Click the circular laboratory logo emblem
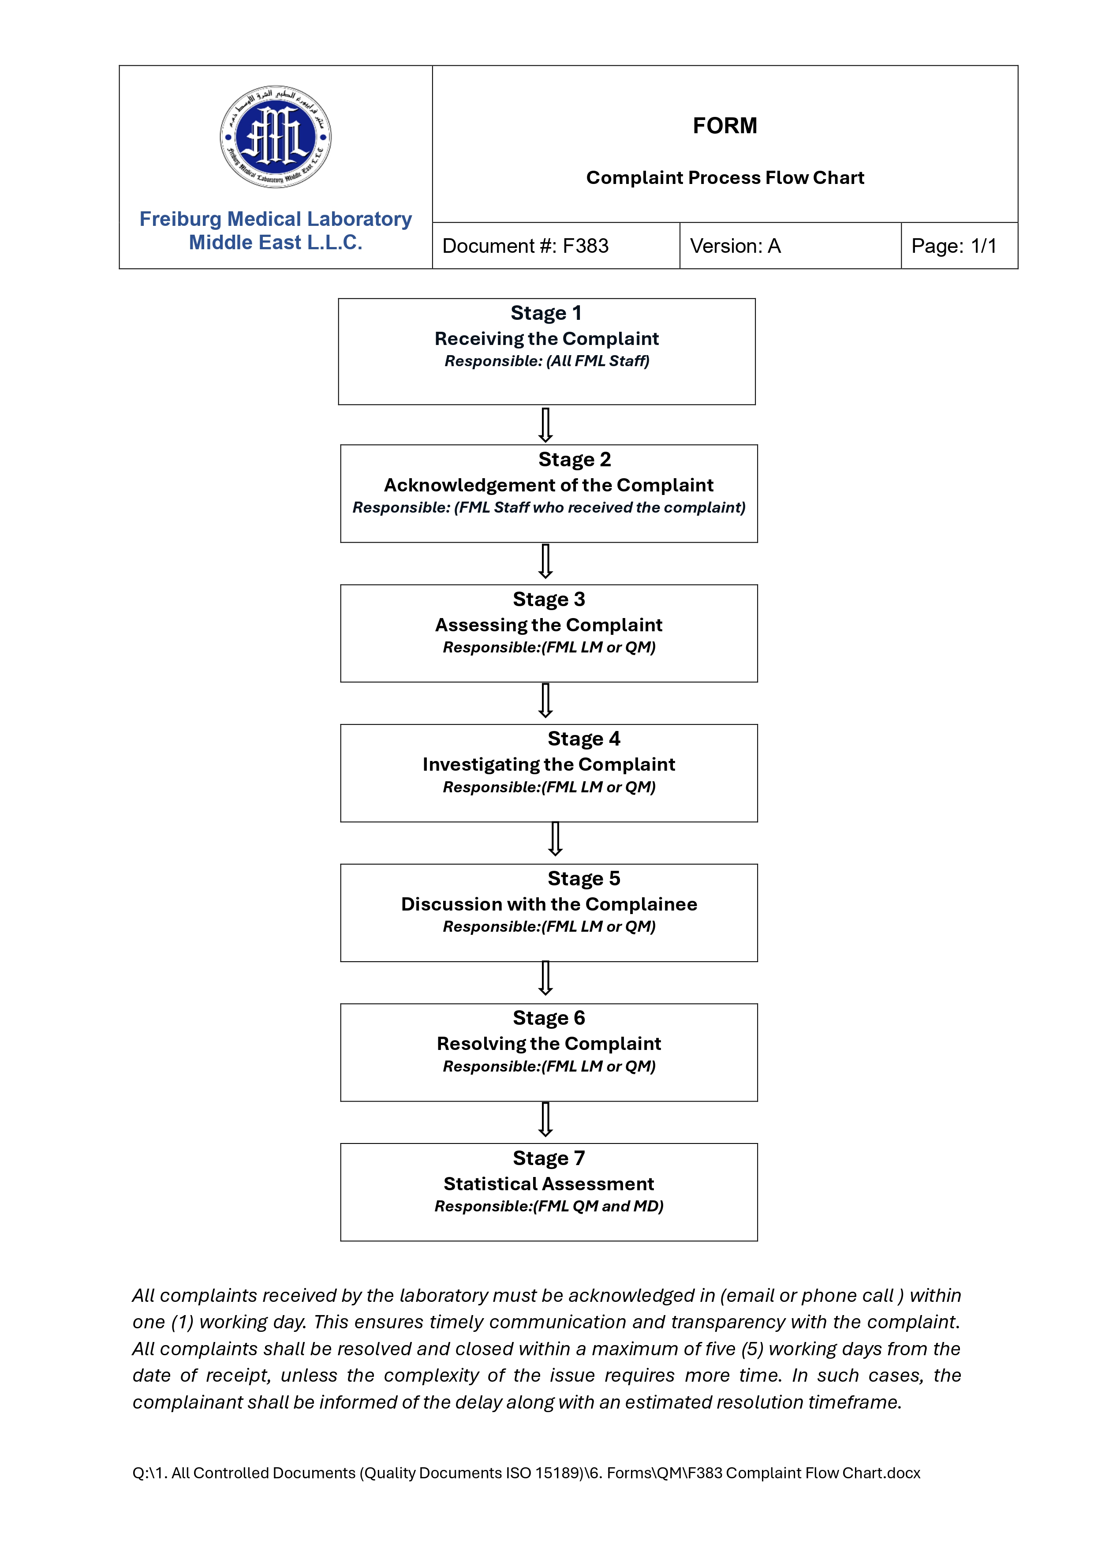pos(275,137)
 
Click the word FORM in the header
pos(724,126)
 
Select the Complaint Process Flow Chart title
pos(724,178)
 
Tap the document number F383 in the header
pos(525,246)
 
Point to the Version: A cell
pos(735,246)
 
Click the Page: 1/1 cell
pos(953,246)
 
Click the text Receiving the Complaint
pos(546,338)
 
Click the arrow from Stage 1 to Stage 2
pos(545,425)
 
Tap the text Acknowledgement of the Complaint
pos(549,485)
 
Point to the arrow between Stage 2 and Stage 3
pos(545,562)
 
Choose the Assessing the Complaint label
pos(549,625)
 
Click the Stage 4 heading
pos(584,739)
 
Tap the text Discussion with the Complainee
pos(549,904)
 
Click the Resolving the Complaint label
pos(549,1044)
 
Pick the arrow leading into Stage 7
pos(545,1119)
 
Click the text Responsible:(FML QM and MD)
pos(549,1206)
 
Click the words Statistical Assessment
pos(549,1184)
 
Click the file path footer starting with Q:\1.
pos(526,1473)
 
